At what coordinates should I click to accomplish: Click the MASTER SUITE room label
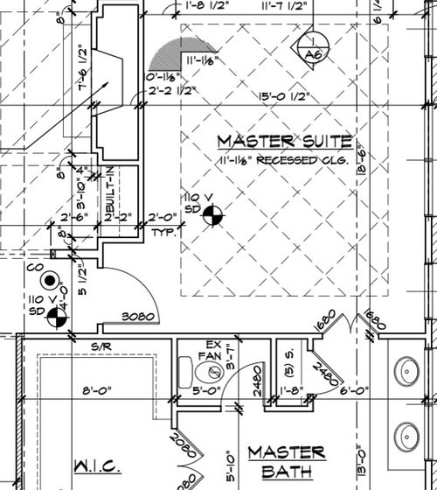(x=284, y=141)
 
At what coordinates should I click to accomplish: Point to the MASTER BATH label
(x=287, y=462)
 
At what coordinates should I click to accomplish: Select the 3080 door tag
(x=137, y=315)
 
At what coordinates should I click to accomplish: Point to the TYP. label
(x=164, y=234)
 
